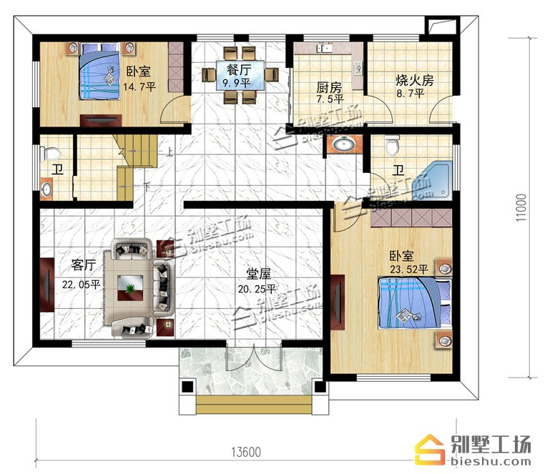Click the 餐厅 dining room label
tap(239, 70)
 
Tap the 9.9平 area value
tap(237, 83)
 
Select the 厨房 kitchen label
tap(329, 87)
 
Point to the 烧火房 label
tap(415, 80)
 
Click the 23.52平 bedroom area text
tap(409, 270)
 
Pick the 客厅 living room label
tap(83, 265)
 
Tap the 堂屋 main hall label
tap(258, 274)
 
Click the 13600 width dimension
tap(246, 452)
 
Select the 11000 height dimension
tap(521, 207)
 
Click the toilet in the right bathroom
tap(392, 145)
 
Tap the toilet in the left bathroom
tap(50, 154)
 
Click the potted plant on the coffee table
tap(130, 289)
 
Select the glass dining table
tap(240, 75)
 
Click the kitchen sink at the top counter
tap(325, 48)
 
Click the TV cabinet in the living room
tap(46, 285)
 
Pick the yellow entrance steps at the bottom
tap(254, 405)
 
